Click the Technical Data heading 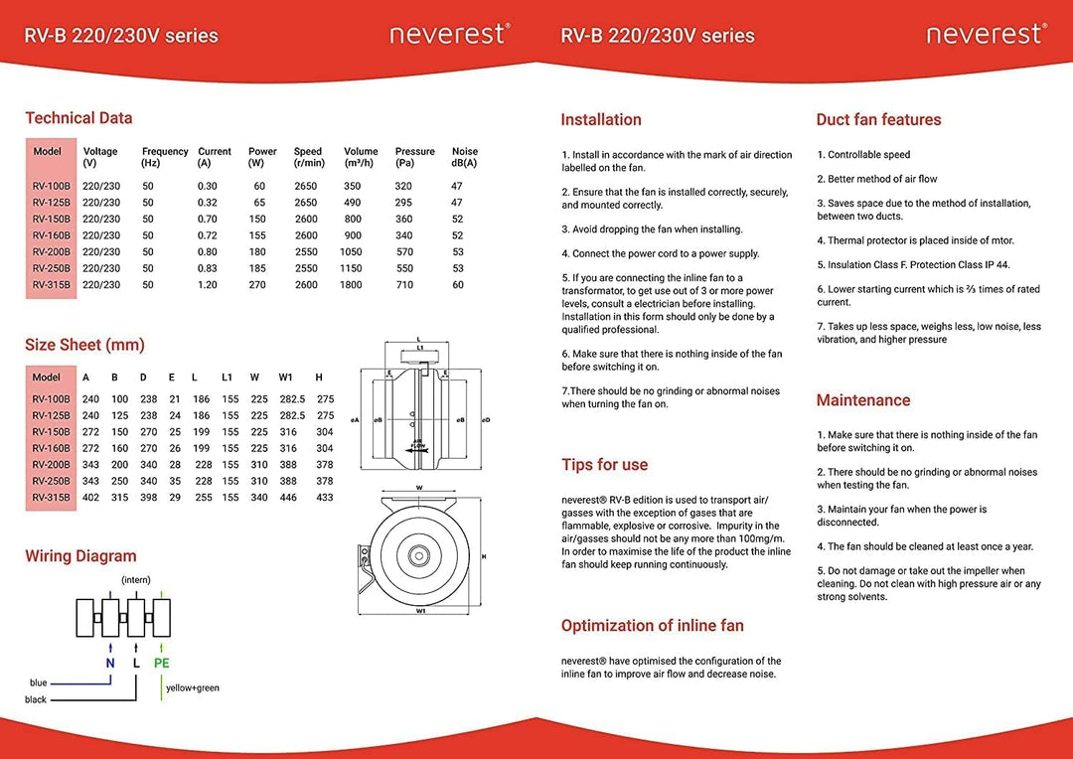click(78, 118)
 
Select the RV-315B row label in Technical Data click(51, 285)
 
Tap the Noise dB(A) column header click(465, 157)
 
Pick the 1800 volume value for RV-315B click(352, 285)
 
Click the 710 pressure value click(403, 285)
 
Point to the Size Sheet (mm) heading click(84, 345)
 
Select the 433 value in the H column click(324, 497)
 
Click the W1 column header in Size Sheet click(287, 378)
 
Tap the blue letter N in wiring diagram click(109, 663)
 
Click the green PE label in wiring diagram click(161, 663)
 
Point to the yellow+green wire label click(192, 687)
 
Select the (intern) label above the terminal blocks click(136, 579)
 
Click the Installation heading click(601, 119)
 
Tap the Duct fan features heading click(878, 119)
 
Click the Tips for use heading click(604, 465)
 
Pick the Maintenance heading click(862, 400)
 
